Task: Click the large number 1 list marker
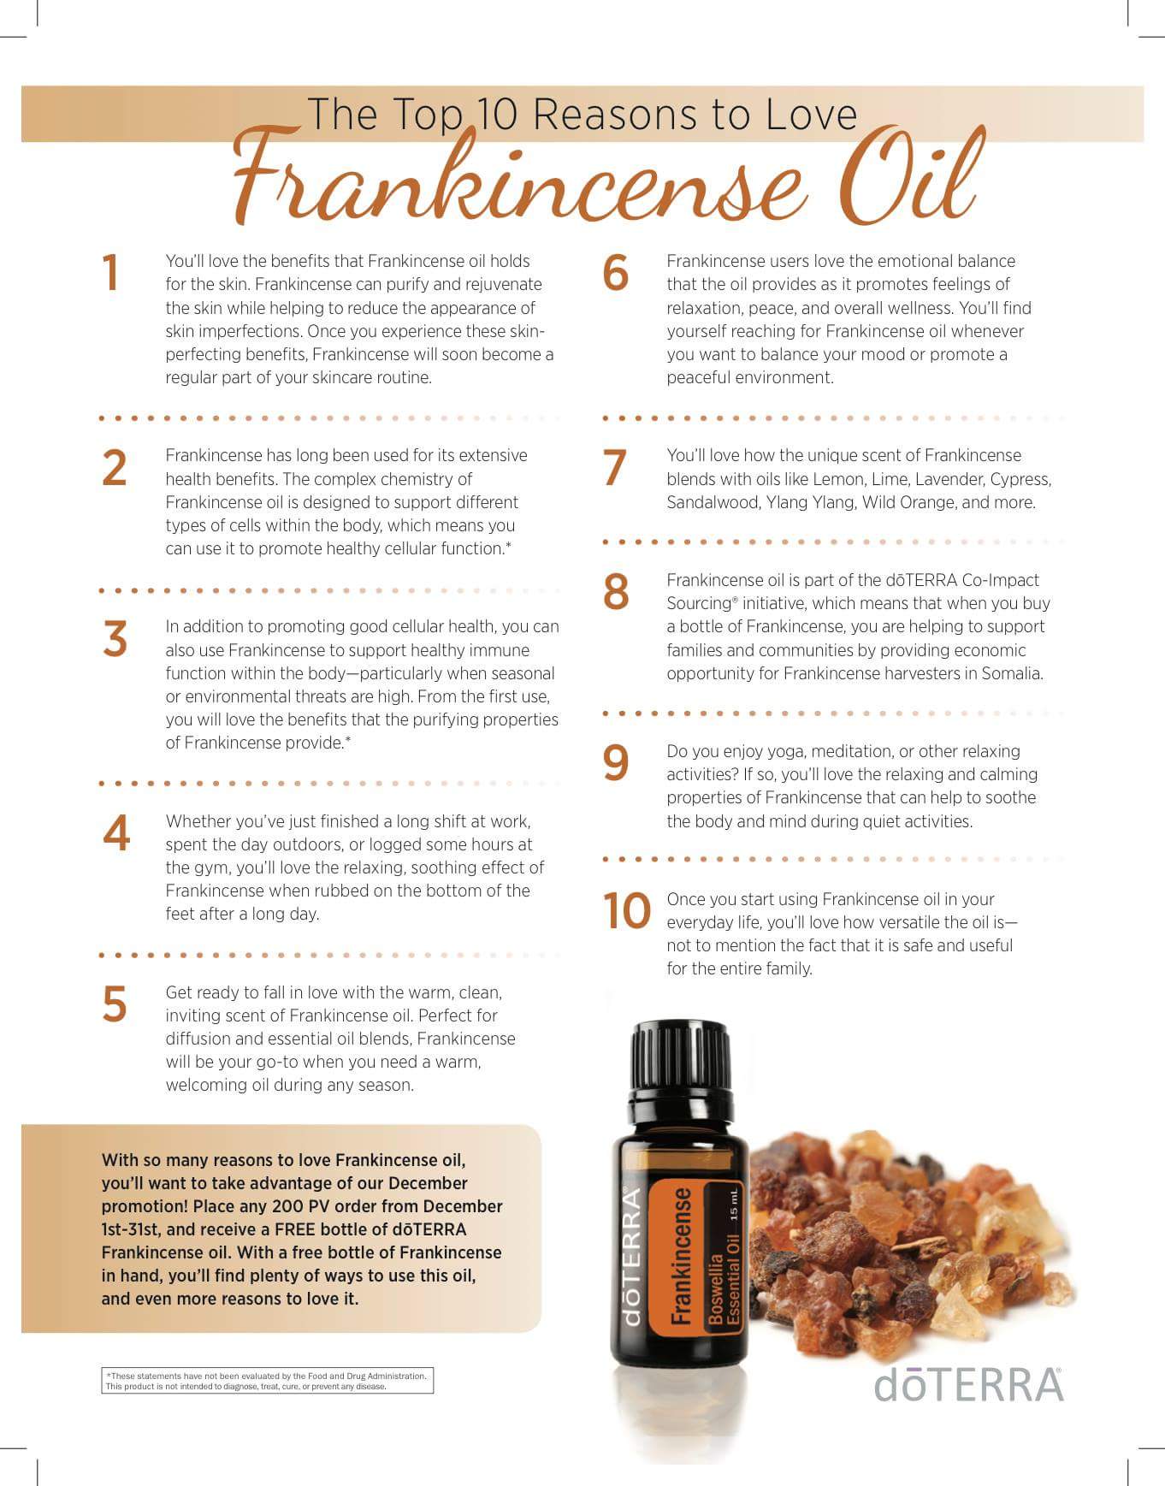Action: click(110, 273)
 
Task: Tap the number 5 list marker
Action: click(115, 1004)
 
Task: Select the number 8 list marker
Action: click(616, 591)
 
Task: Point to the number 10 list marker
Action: click(627, 910)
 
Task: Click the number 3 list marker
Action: click(115, 639)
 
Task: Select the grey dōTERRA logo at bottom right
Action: click(968, 1383)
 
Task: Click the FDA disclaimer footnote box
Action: click(267, 1381)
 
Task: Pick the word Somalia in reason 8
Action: click(1014, 673)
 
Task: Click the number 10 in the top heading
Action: click(498, 115)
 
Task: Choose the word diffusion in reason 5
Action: click(198, 1039)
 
